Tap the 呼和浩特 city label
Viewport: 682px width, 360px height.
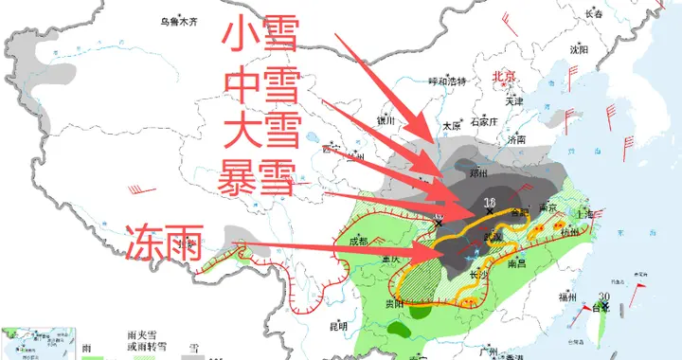click(x=448, y=81)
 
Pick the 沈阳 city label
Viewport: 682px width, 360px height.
click(x=578, y=49)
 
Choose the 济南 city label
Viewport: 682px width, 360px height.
click(x=516, y=139)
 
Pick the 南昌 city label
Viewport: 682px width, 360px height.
click(x=516, y=261)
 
